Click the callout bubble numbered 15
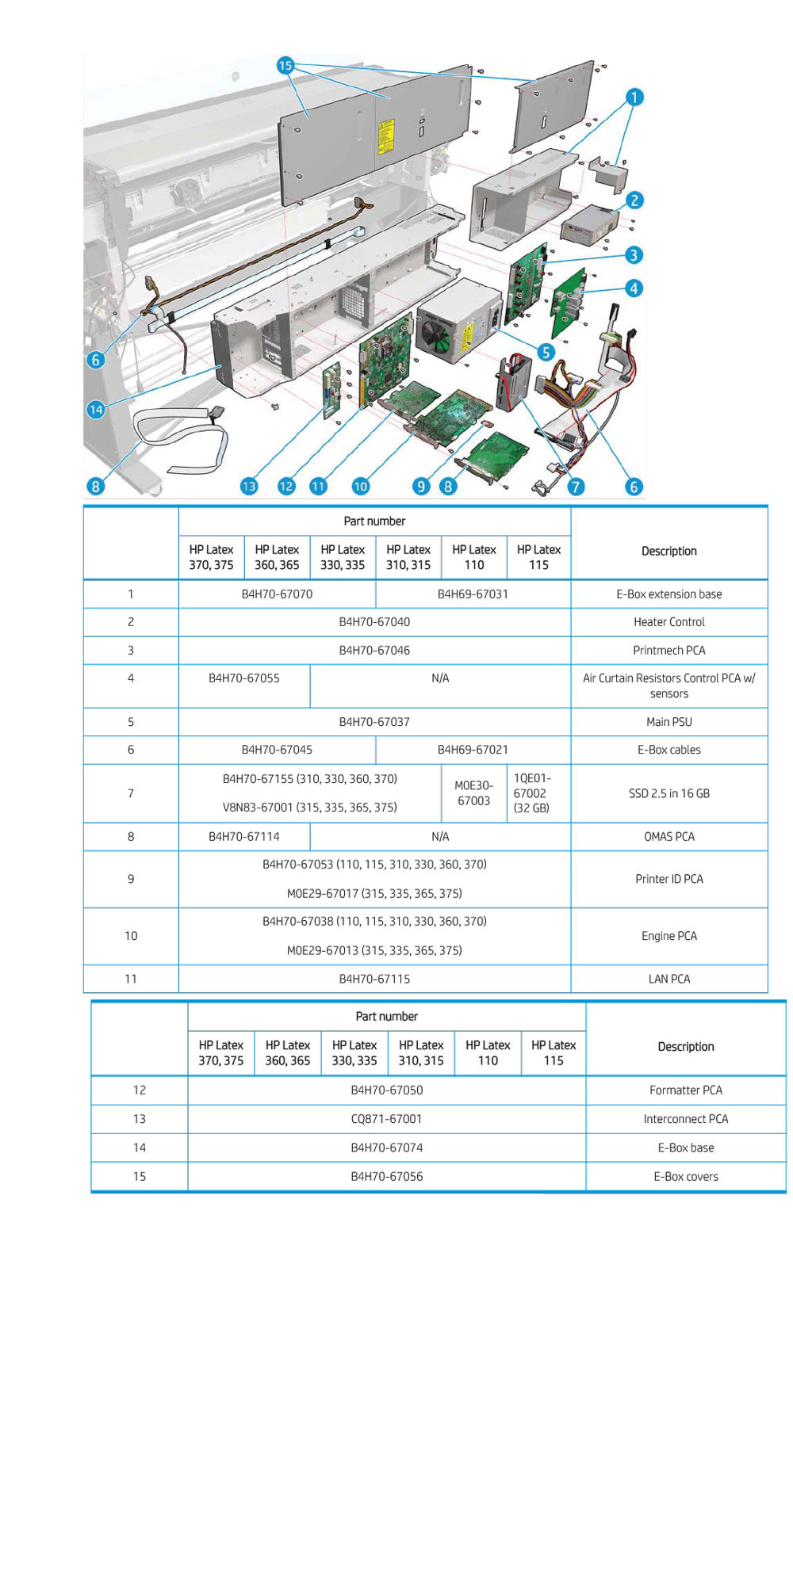click(285, 66)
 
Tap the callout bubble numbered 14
click(96, 409)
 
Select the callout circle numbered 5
click(546, 352)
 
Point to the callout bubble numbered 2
click(634, 201)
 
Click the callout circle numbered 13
click(249, 486)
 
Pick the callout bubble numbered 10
click(361, 486)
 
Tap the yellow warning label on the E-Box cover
click(386, 136)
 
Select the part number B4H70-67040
click(374, 622)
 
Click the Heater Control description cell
click(668, 622)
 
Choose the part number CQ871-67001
click(386, 1119)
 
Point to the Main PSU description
click(668, 722)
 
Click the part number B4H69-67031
click(473, 594)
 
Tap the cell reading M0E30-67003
click(473, 793)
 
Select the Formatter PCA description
click(685, 1090)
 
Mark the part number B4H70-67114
click(244, 837)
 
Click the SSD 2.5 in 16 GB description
click(668, 793)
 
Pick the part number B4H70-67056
click(386, 1177)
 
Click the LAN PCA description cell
click(668, 979)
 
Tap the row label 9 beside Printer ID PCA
click(131, 879)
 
